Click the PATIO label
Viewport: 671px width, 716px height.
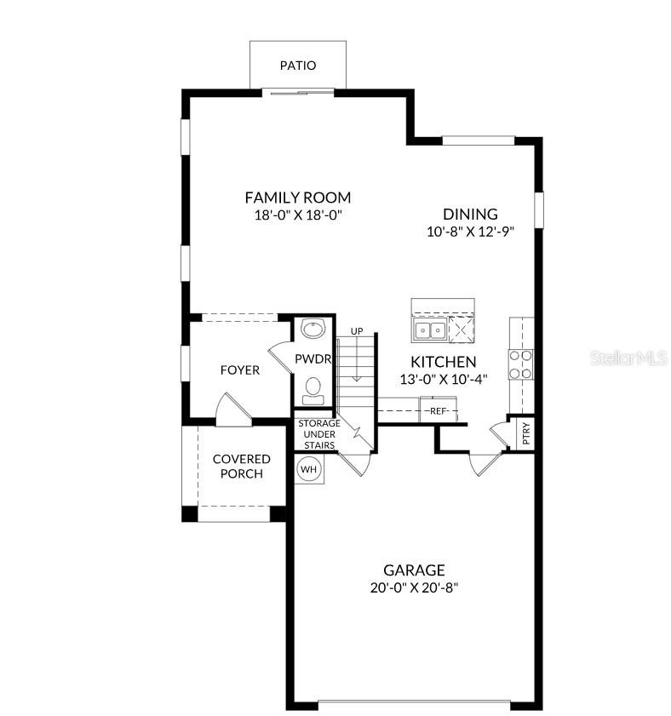tap(298, 66)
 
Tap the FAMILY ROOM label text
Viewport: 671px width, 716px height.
tap(297, 198)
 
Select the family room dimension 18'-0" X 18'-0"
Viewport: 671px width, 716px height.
tap(297, 215)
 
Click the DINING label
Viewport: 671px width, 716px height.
tap(470, 215)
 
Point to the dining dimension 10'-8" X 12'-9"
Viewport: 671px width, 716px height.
tap(470, 231)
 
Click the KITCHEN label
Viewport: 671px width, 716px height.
tap(444, 362)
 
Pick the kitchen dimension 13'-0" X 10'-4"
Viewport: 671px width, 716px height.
tap(444, 380)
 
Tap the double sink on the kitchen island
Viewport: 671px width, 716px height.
tap(428, 329)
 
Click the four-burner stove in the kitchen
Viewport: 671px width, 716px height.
tap(520, 364)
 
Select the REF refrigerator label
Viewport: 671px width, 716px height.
tap(439, 411)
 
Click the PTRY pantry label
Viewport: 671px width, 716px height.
tap(526, 434)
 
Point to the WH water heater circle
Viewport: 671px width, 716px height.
tap(308, 468)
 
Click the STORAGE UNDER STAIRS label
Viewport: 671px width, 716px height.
tap(318, 434)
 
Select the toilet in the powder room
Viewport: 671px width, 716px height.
tap(313, 388)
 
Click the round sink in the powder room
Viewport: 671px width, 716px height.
tap(313, 329)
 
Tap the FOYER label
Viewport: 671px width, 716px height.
tap(240, 370)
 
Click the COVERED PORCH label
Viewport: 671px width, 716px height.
tap(241, 466)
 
